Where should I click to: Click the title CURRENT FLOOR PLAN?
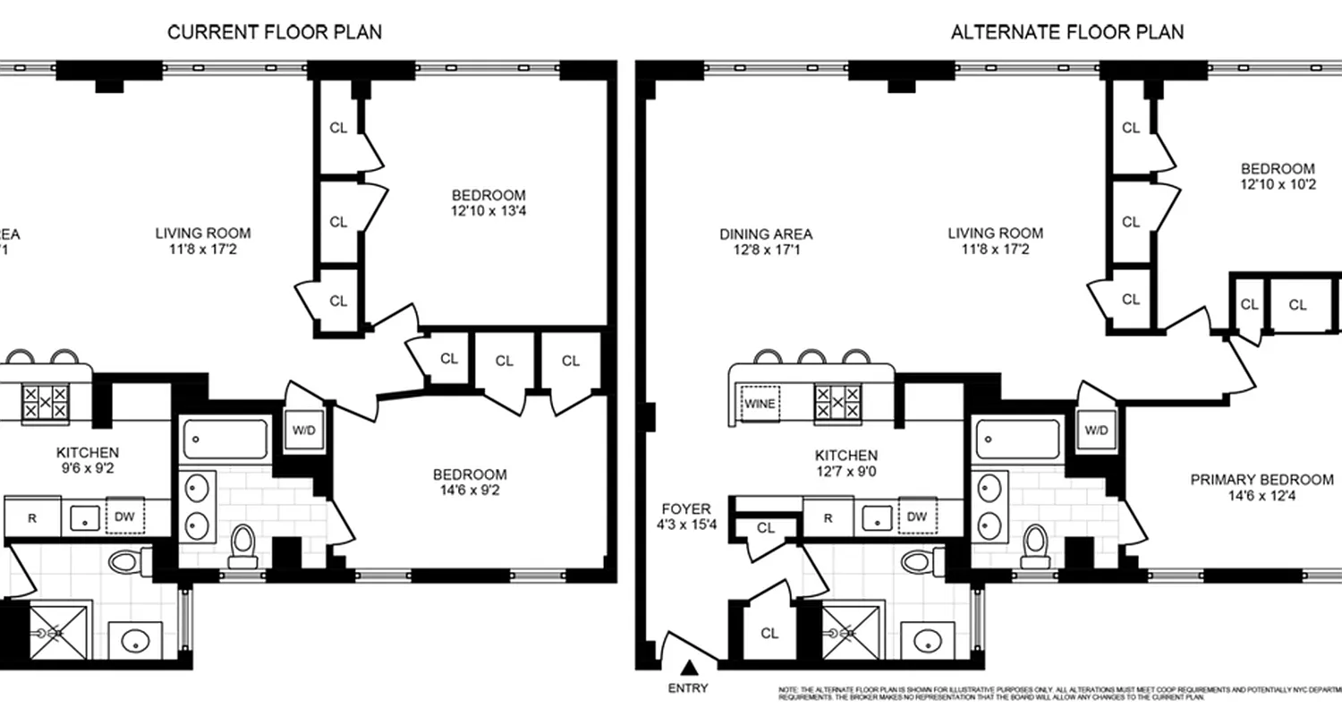point(275,32)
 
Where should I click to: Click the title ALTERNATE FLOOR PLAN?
point(1066,32)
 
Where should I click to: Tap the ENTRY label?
point(688,688)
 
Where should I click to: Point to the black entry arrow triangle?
point(689,667)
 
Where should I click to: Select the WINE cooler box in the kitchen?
point(760,403)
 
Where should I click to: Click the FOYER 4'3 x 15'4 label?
point(686,517)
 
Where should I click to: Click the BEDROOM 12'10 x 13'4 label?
point(488,203)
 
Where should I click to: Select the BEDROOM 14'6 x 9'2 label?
point(470,482)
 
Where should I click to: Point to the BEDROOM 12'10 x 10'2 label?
point(1277,176)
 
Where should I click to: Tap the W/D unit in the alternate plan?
point(1096,430)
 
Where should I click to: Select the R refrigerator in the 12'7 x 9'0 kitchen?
point(828,517)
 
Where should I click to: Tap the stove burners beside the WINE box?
point(837,402)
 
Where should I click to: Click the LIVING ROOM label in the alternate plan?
point(995,241)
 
